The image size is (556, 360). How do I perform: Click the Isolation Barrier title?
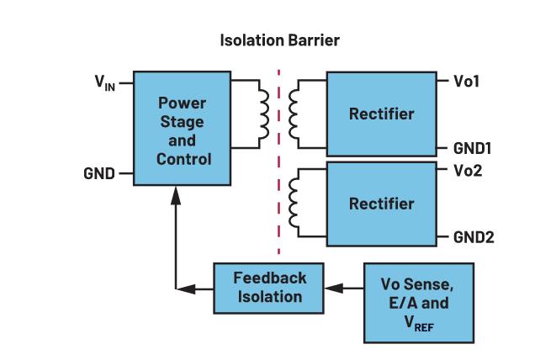click(x=279, y=39)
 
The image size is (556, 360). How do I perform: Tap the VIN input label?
click(x=105, y=83)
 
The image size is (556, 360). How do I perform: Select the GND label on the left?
click(x=98, y=174)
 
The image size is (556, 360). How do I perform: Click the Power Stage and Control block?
click(x=181, y=130)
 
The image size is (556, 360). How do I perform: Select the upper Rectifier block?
click(x=381, y=114)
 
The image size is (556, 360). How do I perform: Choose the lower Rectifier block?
click(x=381, y=204)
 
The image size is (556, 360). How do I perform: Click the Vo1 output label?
click(x=467, y=82)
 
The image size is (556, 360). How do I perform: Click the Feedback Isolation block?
click(x=269, y=287)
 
